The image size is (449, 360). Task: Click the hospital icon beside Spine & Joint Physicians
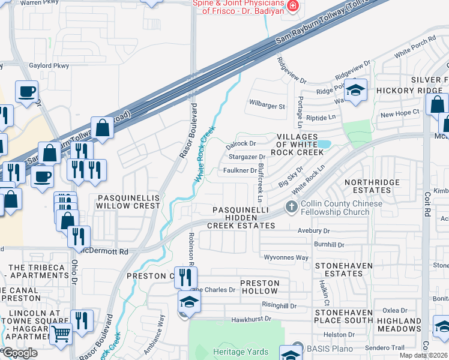292,7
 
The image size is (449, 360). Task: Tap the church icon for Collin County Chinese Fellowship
291,207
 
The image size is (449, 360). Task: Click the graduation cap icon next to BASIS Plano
292,353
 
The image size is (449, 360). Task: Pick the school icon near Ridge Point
356,91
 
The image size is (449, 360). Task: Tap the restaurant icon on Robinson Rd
185,277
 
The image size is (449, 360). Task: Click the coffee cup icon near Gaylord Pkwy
26,92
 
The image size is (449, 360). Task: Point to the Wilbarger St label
267,106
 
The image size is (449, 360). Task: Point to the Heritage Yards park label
236,350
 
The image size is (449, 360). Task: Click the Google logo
19,353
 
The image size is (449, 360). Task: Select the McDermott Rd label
106,251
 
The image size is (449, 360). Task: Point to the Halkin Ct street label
324,292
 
